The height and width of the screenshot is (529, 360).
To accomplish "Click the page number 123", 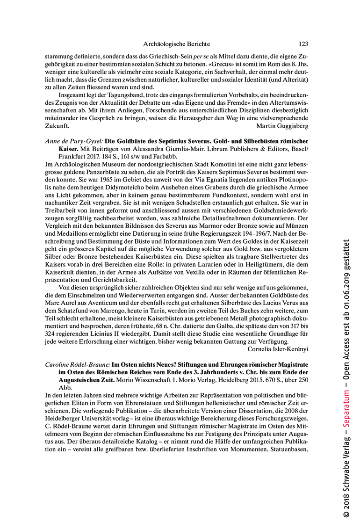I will pos(303,44).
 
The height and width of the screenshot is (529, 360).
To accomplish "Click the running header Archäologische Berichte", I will pos(176,44).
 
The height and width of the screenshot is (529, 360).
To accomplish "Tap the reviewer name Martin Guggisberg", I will pos(282,126).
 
